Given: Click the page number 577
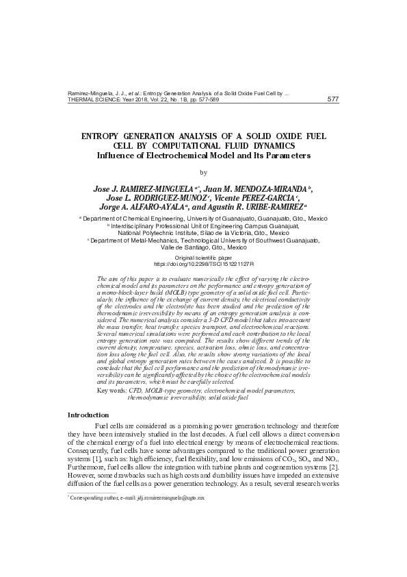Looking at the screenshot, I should (x=333, y=99).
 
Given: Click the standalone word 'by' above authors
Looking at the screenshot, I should (x=202, y=172).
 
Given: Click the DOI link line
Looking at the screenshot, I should (x=203, y=263).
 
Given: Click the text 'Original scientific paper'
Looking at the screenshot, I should (x=203, y=257).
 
